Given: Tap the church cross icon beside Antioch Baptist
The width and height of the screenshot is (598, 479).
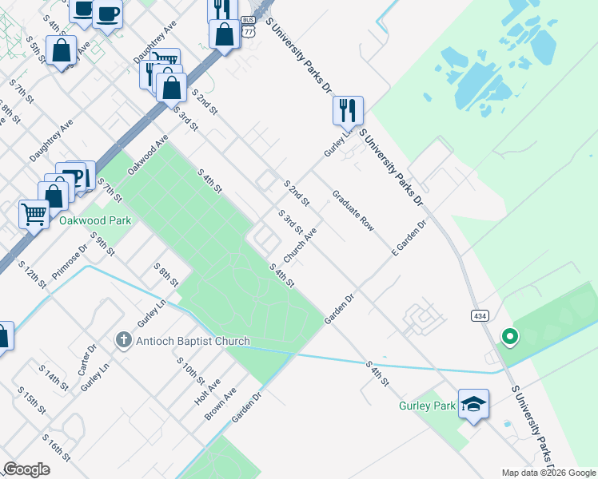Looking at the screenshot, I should tap(123, 341).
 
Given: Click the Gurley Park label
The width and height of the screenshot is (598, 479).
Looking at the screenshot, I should tap(427, 406).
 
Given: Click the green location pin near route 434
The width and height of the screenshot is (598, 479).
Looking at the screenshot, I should tap(508, 337).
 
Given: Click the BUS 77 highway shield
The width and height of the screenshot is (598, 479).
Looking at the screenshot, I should tap(248, 27).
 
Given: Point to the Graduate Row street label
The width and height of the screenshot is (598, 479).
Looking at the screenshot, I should tap(353, 211).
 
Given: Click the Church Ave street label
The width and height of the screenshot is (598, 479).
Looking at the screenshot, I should tap(301, 243).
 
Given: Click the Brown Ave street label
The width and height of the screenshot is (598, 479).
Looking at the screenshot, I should tap(220, 403).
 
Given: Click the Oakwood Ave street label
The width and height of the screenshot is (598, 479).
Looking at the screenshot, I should tap(148, 154).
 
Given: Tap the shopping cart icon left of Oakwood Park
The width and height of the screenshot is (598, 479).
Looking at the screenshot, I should tap(34, 214).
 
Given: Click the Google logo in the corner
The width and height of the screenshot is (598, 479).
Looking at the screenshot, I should tap(26, 469).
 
